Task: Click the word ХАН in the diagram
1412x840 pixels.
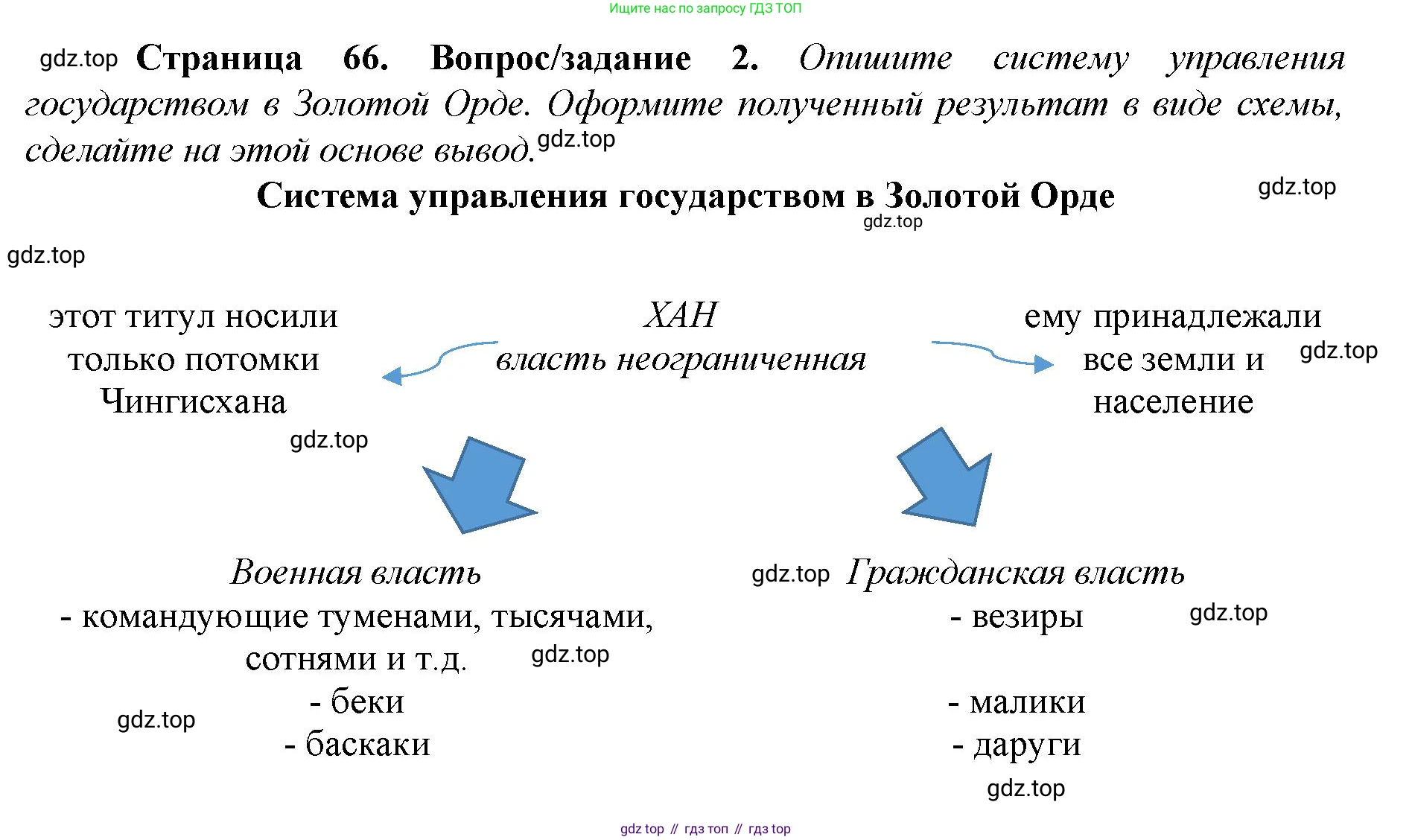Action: [681, 316]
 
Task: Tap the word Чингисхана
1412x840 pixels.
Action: [194, 402]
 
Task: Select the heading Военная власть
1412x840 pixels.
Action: [356, 573]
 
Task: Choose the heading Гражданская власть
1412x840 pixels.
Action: [1015, 573]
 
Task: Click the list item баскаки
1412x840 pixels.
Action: [367, 744]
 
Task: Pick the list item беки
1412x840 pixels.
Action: [366, 701]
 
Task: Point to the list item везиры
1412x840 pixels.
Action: [1026, 617]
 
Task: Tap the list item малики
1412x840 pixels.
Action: [1027, 701]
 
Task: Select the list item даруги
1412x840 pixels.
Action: [1026, 745]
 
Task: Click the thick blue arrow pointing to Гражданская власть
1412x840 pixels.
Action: [947, 480]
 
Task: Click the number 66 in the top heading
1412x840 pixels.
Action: [365, 58]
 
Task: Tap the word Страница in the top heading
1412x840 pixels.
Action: [219, 58]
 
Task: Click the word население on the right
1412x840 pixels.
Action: [1173, 402]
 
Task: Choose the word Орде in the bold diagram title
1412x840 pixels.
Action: [1072, 196]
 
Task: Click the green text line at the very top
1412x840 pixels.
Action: [705, 8]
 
